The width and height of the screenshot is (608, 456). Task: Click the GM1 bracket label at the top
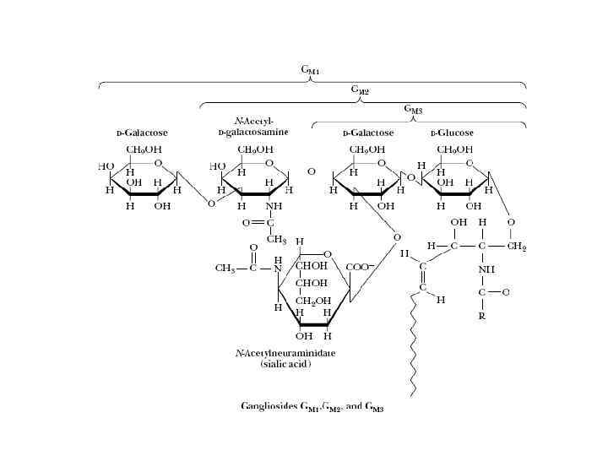310,71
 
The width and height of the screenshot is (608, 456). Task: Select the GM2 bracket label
360,90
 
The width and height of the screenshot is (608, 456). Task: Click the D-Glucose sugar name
453,133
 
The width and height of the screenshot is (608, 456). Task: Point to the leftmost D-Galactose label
142,133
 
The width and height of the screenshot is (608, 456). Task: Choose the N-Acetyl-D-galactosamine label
253,127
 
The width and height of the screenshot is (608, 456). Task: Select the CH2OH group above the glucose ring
454,150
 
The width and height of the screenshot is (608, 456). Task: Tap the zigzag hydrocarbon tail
412,346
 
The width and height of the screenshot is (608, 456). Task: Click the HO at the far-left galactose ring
106,166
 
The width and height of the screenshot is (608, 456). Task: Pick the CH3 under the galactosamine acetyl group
276,239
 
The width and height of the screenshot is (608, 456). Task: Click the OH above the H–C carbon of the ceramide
458,222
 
